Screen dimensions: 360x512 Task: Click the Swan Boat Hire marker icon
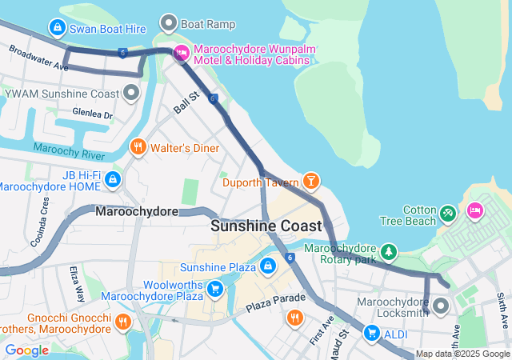57,28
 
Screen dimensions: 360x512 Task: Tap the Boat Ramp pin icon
169,23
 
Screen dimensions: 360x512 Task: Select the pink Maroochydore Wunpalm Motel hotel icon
181,54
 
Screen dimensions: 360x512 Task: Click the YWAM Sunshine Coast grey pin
132,94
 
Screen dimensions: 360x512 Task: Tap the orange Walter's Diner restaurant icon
138,147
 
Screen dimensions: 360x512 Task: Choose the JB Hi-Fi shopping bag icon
113,178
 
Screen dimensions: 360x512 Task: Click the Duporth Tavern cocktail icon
310,182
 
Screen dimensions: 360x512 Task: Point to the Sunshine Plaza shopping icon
267,265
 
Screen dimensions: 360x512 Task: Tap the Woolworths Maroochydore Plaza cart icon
214,288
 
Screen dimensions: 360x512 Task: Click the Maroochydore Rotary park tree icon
390,252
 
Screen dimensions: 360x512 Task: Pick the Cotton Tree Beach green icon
447,214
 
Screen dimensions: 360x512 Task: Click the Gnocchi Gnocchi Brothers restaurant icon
122,322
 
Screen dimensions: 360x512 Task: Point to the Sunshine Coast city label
266,226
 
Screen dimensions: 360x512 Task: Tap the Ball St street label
186,102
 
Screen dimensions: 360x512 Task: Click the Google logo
26,350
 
